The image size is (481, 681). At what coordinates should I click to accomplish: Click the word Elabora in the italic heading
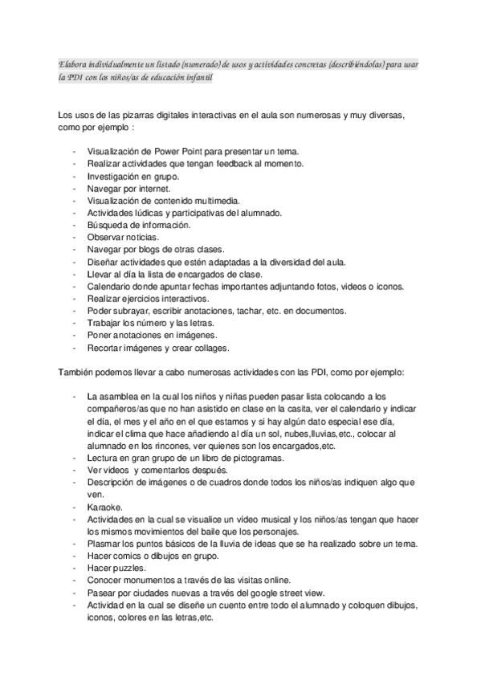(73, 63)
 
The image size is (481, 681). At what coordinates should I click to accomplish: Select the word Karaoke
(104, 507)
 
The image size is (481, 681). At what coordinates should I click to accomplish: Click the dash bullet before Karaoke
(74, 507)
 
